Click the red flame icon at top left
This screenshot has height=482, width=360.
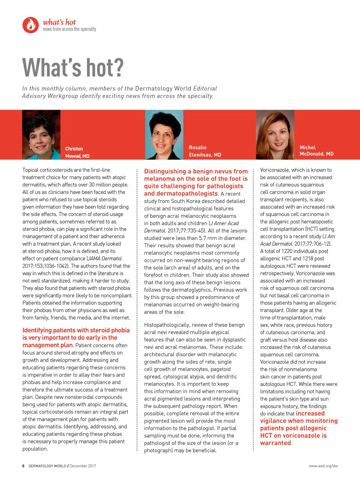pyautogui.click(x=31, y=25)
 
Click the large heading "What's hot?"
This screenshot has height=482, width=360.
pyautogui.click(x=73, y=68)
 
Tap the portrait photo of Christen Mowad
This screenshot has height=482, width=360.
pyautogui.click(x=41, y=135)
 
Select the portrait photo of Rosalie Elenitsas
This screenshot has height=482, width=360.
pyautogui.click(x=164, y=135)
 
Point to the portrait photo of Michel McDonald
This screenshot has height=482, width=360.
pyautogui.click(x=275, y=135)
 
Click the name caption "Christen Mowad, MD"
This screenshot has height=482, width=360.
pyautogui.click(x=77, y=152)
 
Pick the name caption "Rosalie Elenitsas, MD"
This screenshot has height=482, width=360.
pyautogui.click(x=205, y=151)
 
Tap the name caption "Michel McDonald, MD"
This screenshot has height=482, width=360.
pyautogui.click(x=316, y=151)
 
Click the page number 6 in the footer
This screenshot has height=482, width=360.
pyautogui.click(x=23, y=466)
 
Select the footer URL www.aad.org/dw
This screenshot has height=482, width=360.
pyautogui.click(x=323, y=466)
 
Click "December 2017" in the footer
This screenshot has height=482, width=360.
pyautogui.click(x=83, y=466)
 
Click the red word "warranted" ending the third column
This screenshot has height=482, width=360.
pyautogui.click(x=275, y=443)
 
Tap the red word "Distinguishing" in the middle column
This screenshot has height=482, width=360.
pyautogui.click(x=165, y=171)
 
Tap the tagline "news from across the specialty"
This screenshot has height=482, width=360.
pyautogui.click(x=69, y=29)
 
